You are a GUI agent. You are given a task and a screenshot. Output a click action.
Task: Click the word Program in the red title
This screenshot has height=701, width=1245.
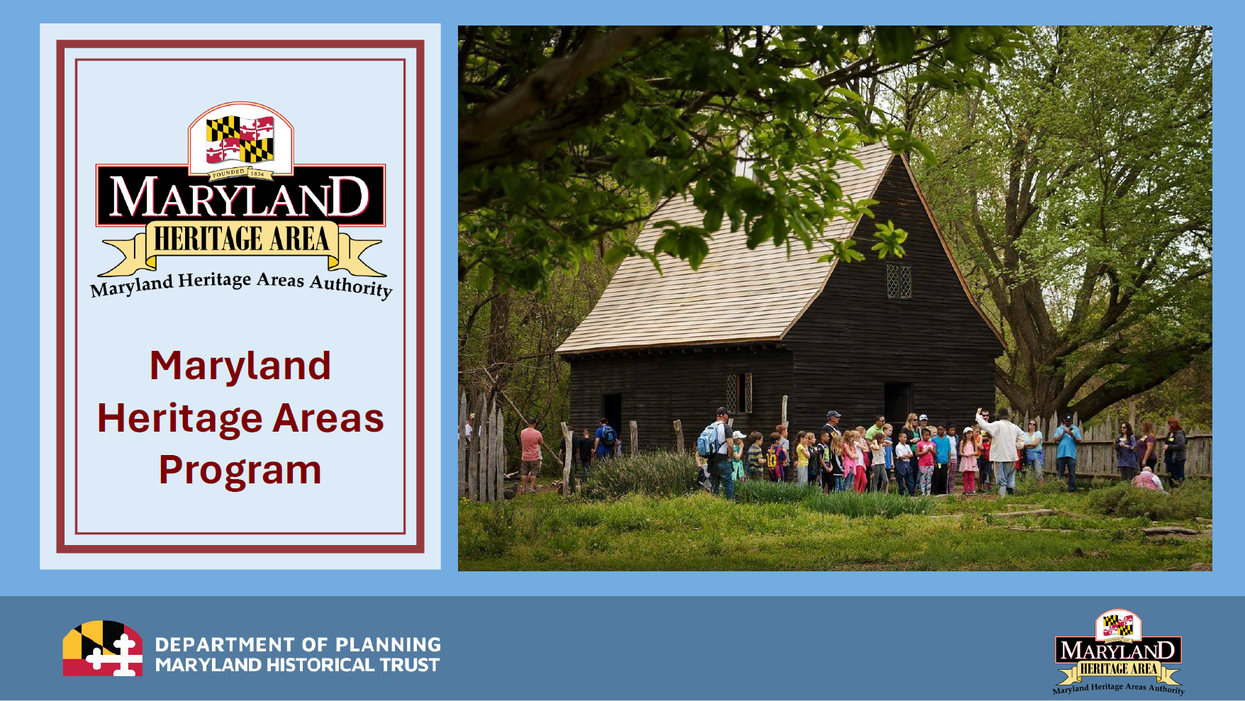point(240,471)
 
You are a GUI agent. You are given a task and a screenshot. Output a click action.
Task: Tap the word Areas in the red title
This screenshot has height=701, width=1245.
point(328,418)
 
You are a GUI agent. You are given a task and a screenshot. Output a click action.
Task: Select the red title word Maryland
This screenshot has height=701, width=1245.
point(240,366)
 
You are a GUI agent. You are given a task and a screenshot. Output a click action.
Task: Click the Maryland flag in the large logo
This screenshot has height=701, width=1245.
point(240,139)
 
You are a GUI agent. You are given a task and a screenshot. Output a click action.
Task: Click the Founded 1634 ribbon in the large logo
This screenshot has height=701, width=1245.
point(238,173)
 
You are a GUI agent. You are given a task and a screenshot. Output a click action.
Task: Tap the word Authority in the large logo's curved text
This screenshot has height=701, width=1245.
point(352,285)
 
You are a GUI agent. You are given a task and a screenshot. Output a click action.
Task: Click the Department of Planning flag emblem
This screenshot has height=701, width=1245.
point(103,649)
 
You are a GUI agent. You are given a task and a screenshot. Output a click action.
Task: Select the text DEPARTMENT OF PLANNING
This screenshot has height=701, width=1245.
point(298,644)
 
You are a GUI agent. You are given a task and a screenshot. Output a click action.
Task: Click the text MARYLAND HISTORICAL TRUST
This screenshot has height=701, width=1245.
point(298,665)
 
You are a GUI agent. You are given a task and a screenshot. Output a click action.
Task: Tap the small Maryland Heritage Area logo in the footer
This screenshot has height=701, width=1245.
point(1119,652)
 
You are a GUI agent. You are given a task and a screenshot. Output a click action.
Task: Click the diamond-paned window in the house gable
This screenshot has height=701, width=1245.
point(899,281)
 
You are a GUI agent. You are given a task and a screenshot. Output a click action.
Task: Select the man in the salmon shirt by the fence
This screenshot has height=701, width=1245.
point(531,454)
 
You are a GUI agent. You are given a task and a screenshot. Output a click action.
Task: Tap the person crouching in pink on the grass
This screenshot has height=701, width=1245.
point(1147,480)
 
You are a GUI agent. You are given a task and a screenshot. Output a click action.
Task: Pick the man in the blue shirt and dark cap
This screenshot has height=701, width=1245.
point(1067,451)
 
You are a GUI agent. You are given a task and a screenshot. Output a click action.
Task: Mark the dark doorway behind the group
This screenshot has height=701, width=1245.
point(898,404)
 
